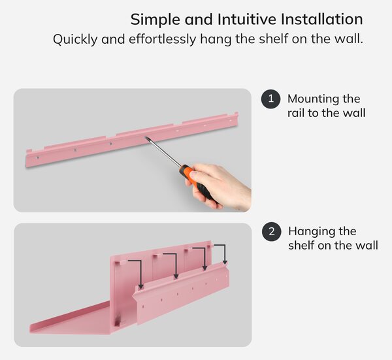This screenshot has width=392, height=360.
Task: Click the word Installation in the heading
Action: click(321, 19)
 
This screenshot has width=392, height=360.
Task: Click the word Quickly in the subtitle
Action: click(75, 39)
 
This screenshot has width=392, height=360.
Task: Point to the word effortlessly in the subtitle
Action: click(163, 39)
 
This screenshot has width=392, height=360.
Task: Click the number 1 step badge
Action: click(270, 99)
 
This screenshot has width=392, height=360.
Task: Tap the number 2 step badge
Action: click(272, 231)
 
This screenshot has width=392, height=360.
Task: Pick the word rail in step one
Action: click(296, 113)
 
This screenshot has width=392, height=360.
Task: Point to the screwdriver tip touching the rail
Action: click(146, 137)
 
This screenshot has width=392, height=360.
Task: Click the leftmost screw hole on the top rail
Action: click(37, 157)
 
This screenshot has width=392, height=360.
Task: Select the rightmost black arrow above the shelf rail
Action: click(222, 252)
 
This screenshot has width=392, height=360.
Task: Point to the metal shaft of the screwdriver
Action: click(164, 152)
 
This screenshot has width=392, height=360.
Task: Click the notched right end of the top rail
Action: click(235, 119)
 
